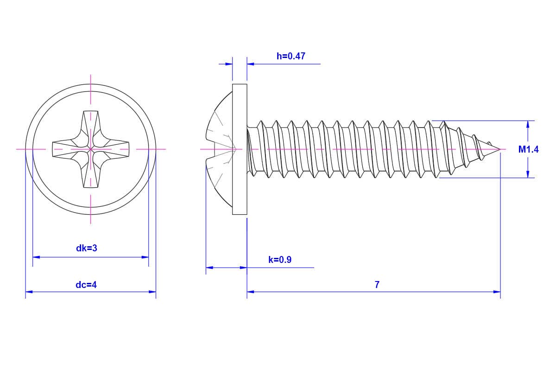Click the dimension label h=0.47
point(291,56)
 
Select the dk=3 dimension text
point(87,248)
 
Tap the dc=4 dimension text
point(86,284)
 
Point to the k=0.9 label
point(280,260)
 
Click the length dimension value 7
point(377,285)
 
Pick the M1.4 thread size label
point(528,149)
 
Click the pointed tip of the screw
point(499,149)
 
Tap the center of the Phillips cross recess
point(90,149)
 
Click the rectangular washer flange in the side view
point(240,149)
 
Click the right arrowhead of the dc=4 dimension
point(152,292)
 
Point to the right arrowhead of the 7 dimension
point(497,292)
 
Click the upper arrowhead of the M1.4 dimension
point(528,124)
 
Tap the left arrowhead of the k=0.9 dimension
point(209,268)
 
